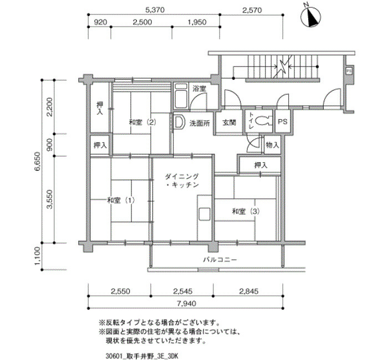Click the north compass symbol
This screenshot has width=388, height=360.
coord(310,17)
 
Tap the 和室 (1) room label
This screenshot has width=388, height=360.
coord(121,200)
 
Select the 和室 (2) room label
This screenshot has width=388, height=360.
coord(142,122)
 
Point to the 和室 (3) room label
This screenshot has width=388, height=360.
coord(246,212)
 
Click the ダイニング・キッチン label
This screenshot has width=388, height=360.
coord(182,181)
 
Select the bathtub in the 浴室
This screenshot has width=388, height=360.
coord(181,96)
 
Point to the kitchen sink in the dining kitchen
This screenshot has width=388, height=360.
coord(204,214)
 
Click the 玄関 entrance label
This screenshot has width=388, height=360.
coord(229,122)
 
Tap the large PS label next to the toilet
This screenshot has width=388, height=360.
coord(283,122)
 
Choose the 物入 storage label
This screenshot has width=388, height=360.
coord(273,145)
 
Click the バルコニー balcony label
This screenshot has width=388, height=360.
coord(220,260)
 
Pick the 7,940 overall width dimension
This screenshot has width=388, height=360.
coord(186,304)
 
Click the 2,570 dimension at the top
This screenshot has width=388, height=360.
coord(251,10)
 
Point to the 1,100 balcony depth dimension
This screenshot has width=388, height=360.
coord(37,256)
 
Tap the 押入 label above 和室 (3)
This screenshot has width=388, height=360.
coord(261,165)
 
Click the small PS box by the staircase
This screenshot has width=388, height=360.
coord(349,71)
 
